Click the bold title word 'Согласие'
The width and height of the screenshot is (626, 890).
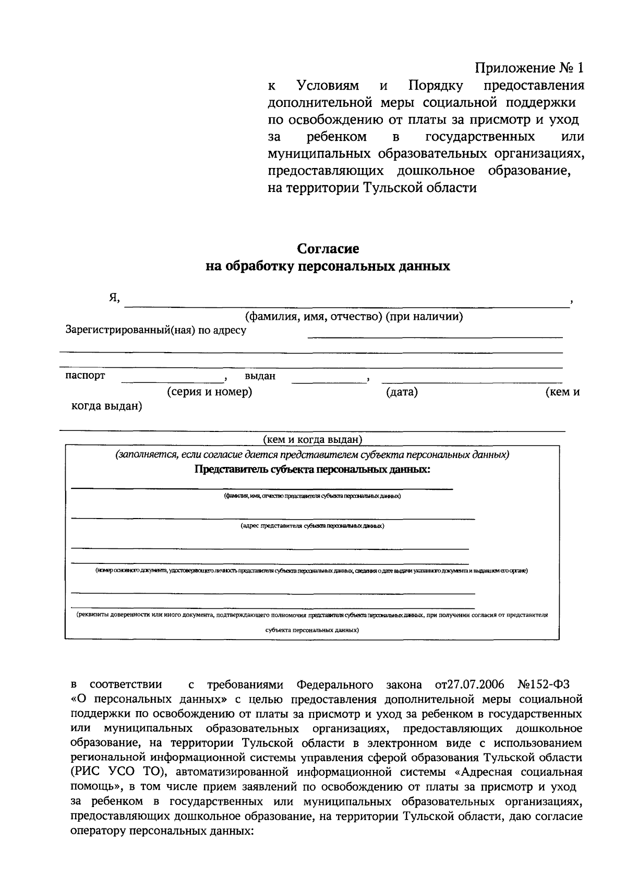click(328, 249)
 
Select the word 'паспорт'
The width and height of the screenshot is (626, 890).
click(85, 376)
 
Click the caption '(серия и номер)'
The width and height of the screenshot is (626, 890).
click(209, 392)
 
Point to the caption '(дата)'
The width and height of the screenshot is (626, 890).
click(402, 392)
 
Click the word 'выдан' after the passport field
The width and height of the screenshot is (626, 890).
click(260, 376)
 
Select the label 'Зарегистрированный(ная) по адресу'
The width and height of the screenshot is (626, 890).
click(155, 330)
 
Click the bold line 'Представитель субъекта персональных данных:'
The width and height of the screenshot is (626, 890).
click(312, 469)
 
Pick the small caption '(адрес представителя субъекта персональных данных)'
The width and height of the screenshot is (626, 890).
click(312, 526)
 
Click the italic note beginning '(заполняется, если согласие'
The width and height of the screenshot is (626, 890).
click(312, 454)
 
